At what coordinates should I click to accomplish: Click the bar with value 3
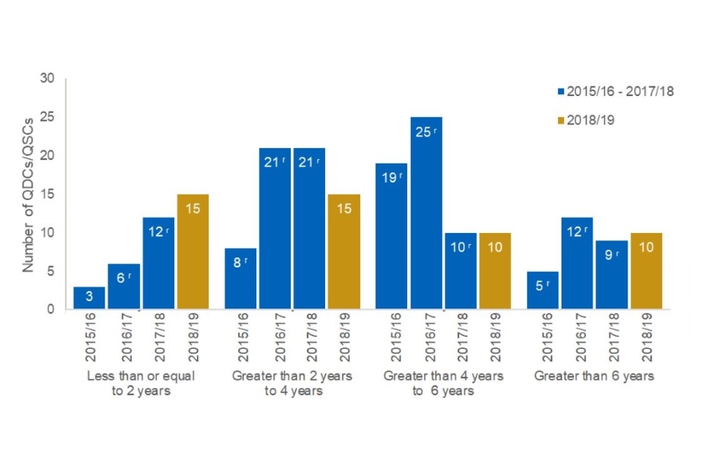(x=89, y=298)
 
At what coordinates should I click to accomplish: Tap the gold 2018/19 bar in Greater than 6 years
(x=646, y=270)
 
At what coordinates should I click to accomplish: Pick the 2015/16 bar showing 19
(x=392, y=235)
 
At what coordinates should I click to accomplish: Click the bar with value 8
(x=240, y=278)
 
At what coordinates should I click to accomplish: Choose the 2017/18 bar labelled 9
(x=611, y=274)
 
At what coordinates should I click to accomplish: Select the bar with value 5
(x=543, y=289)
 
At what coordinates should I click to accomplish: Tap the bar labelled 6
(x=124, y=286)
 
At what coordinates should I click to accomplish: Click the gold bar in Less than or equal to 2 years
(x=193, y=251)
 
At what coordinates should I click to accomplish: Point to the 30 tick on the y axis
(x=48, y=78)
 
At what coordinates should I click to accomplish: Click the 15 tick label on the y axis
(x=48, y=194)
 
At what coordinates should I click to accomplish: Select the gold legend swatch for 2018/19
(x=561, y=119)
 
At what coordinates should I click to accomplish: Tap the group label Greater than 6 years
(x=594, y=377)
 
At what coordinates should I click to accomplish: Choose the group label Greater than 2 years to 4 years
(x=291, y=383)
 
